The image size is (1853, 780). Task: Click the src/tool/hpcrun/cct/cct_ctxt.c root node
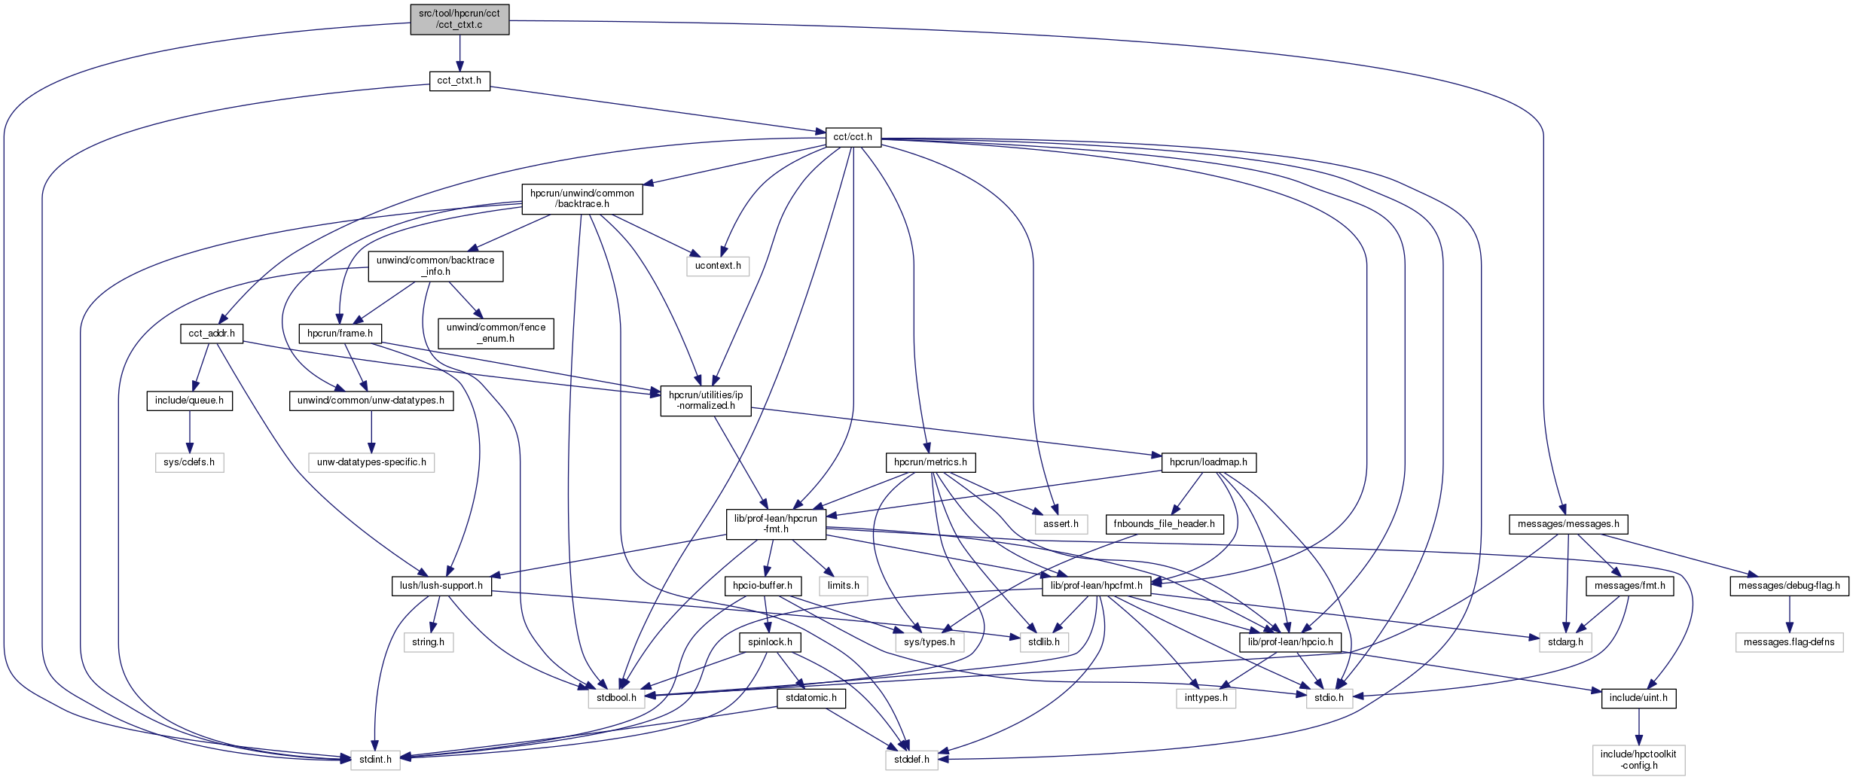tap(459, 19)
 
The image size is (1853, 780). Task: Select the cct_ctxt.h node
tap(459, 81)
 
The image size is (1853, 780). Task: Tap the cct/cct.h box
tap(853, 137)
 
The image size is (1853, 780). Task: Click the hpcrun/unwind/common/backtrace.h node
tap(582, 199)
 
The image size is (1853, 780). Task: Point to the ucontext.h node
tap(718, 266)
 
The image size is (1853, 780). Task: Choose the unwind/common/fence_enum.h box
tap(496, 333)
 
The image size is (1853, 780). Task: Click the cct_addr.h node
tap(212, 334)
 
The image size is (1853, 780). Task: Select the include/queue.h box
tap(190, 401)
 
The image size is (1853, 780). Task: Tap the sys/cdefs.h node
tap(189, 462)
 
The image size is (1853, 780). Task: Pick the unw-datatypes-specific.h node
tap(371, 462)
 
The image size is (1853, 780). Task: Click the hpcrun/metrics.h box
tap(930, 462)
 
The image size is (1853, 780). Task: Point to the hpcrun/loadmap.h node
tap(1208, 462)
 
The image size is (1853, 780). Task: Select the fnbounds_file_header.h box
tap(1164, 524)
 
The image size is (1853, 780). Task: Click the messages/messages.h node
tap(1568, 524)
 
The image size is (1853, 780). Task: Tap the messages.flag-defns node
tap(1789, 642)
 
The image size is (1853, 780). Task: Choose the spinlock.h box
tap(770, 642)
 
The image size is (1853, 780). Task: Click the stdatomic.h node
tap(811, 698)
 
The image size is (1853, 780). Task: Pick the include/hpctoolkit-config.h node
tap(1638, 760)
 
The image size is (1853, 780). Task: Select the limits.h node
tap(844, 586)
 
